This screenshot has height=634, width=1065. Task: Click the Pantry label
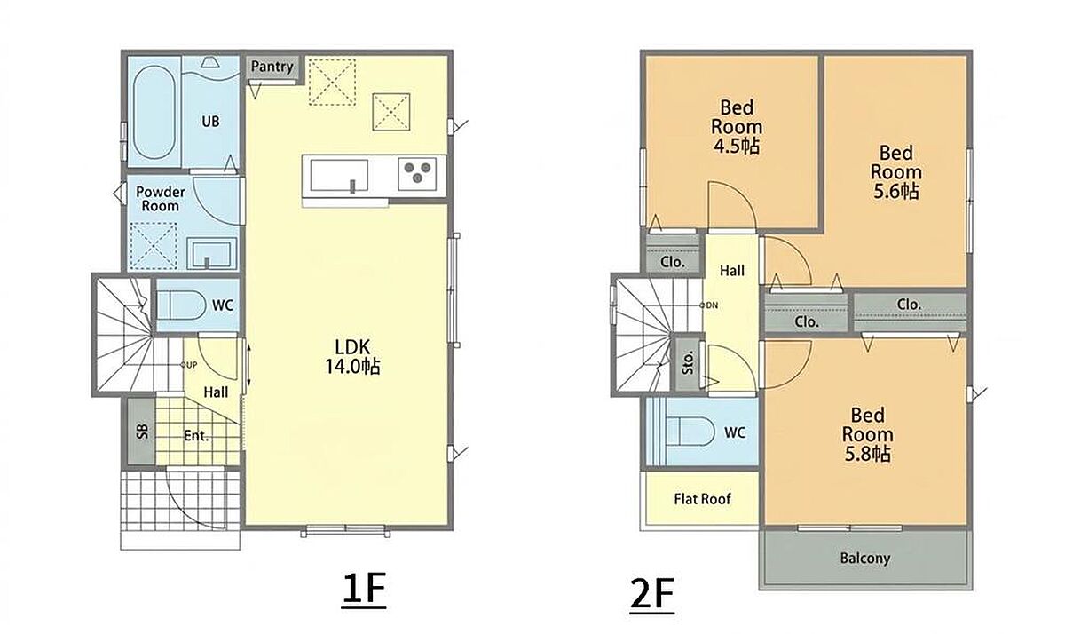pyautogui.click(x=272, y=67)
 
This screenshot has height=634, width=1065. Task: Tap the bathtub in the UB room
pyautogui.click(x=154, y=112)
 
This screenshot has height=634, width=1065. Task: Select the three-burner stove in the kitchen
pyautogui.click(x=417, y=174)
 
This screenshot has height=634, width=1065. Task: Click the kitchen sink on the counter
pyautogui.click(x=339, y=176)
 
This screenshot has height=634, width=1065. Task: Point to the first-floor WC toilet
pyautogui.click(x=181, y=305)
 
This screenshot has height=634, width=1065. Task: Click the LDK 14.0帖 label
pyautogui.click(x=352, y=357)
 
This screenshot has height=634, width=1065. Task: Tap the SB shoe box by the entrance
pyautogui.click(x=142, y=431)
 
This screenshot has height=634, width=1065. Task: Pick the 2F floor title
pyautogui.click(x=651, y=594)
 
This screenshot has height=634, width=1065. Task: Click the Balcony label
pyautogui.click(x=865, y=558)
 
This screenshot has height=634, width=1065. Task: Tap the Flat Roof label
pyautogui.click(x=702, y=499)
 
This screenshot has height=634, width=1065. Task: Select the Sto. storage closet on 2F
pyautogui.click(x=688, y=363)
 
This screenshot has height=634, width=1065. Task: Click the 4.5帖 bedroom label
pyautogui.click(x=736, y=147)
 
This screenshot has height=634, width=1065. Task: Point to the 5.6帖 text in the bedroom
pyautogui.click(x=896, y=191)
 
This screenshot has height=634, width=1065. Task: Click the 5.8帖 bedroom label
pyautogui.click(x=868, y=455)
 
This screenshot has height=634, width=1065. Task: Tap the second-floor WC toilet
pyautogui.click(x=690, y=432)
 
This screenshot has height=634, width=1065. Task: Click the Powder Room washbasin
pyautogui.click(x=211, y=253)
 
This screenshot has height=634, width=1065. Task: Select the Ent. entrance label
pyautogui.click(x=196, y=436)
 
